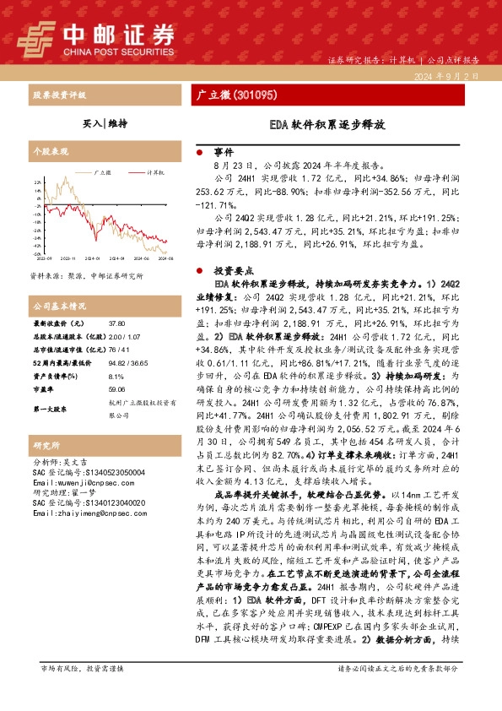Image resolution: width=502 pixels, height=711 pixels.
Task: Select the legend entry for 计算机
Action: pos(154,171)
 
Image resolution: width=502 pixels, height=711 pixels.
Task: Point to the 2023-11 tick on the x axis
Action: pos(69,259)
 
